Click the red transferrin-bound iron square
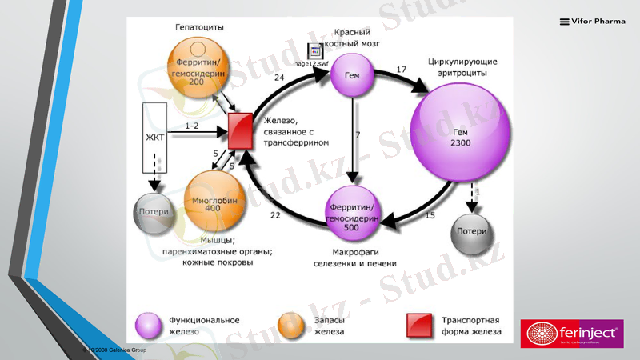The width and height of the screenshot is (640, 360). [x=241, y=130]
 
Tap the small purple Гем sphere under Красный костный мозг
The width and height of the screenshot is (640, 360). [x=351, y=74]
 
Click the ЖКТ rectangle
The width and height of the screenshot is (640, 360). [x=154, y=138]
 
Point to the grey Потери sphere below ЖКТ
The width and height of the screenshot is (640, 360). [x=154, y=212]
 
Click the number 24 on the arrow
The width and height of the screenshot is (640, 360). [x=278, y=78]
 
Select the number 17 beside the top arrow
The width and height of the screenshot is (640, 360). [x=401, y=70]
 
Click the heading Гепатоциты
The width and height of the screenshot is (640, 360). [x=199, y=27]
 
